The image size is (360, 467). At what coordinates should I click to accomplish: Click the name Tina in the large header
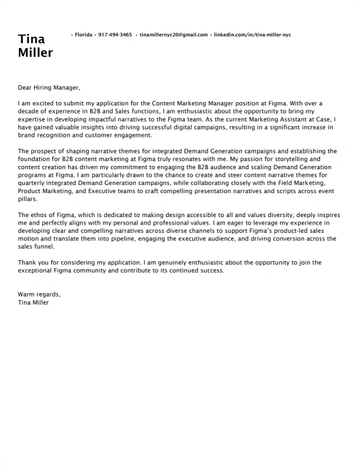pos(32,40)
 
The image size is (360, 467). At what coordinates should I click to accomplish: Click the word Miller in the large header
pos(36,53)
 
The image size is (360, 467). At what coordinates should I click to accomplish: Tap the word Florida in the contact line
pos(83,35)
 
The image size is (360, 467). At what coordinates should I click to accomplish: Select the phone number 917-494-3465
pos(115,35)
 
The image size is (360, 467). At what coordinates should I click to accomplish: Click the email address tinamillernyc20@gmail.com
pos(174,35)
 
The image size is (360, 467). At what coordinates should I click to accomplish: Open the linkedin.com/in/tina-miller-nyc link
pos(253,35)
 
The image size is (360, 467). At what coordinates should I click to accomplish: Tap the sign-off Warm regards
pos(39,294)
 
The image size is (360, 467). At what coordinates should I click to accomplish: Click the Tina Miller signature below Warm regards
pos(33,302)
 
